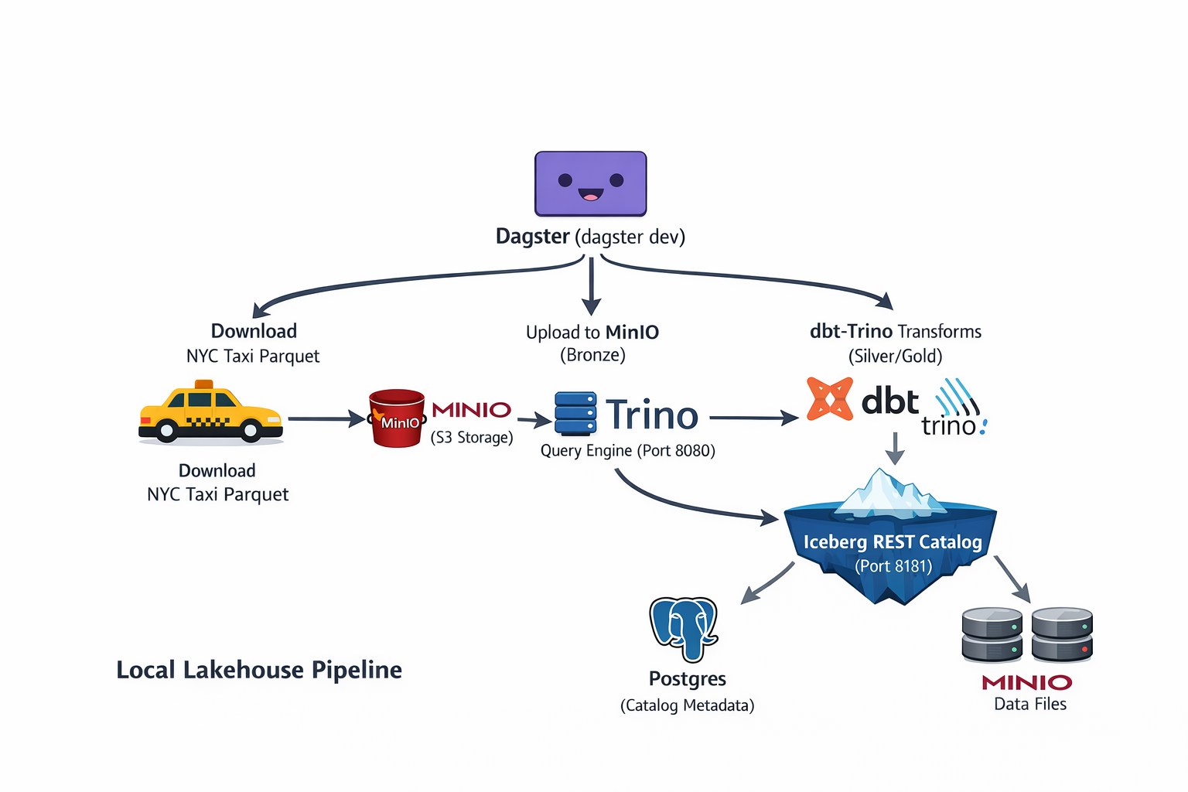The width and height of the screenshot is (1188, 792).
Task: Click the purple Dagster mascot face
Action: (590, 183)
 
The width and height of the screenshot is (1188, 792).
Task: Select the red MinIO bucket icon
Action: (397, 418)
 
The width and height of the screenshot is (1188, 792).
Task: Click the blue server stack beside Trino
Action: (575, 414)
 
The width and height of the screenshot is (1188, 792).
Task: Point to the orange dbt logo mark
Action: (829, 399)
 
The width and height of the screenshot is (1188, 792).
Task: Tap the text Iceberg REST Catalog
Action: (893, 542)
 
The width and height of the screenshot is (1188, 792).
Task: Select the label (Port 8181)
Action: (893, 566)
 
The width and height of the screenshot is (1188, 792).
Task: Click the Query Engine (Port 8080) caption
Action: (627, 451)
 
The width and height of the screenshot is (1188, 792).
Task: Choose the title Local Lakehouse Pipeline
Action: (259, 670)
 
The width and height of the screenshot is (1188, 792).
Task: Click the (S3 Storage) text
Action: (472, 438)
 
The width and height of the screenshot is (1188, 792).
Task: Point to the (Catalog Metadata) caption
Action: (687, 705)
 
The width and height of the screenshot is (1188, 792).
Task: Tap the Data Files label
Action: (1029, 705)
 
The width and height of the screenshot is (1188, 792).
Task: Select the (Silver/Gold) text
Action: (895, 357)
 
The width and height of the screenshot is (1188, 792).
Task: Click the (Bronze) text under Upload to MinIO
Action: (592, 355)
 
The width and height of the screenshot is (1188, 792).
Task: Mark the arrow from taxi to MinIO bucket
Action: (326, 419)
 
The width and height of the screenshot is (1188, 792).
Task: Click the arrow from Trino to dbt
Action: (753, 418)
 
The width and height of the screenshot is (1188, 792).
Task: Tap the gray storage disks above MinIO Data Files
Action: (1026, 635)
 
